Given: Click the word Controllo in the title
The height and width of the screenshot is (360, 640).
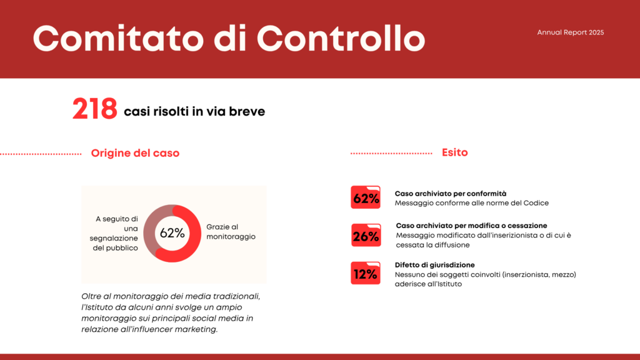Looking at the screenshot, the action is tap(341, 39).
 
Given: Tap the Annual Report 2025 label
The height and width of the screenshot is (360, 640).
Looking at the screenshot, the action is tap(570, 32).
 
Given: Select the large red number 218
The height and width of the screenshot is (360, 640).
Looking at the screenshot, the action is tap(95, 109).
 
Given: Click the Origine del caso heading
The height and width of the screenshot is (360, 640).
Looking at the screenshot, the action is tap(135, 153).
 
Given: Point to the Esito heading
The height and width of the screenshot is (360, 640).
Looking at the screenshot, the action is tap(455, 152).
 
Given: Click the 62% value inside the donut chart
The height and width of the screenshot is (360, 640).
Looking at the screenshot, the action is tap(172, 233).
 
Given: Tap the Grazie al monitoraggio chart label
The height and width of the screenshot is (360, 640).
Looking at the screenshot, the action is tap(231, 232).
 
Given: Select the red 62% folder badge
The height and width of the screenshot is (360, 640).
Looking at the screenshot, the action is tap(366, 197).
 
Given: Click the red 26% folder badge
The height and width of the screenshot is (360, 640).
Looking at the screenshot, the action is tap(366, 235).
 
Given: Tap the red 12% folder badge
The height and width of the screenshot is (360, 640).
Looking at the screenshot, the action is tap(366, 273).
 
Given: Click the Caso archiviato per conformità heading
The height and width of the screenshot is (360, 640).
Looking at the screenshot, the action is tap(451, 194).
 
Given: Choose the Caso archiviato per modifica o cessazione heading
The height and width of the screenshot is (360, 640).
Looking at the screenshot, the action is tap(471, 226).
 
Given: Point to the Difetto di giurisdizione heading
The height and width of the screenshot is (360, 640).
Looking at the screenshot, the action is tap(435, 265).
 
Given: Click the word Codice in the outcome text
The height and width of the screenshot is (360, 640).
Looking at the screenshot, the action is tap(536, 203).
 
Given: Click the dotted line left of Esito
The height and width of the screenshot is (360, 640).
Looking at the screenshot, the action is tap(391, 154).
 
